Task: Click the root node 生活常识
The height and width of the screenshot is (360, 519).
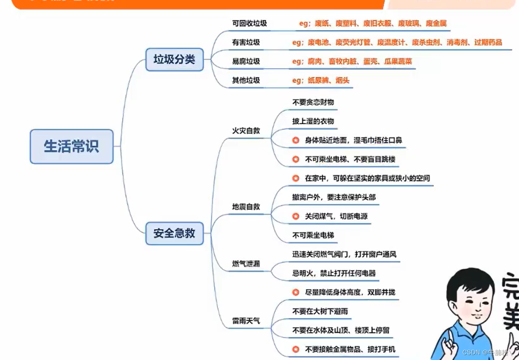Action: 72,147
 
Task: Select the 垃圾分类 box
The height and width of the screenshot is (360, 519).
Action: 174,59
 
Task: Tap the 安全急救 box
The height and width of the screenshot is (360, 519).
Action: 174,233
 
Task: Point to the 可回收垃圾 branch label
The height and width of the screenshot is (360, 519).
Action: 249,23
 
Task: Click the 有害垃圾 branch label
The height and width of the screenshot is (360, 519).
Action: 246,42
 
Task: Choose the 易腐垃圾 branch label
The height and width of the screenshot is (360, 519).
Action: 246,61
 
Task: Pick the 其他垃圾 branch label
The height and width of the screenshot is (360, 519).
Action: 246,80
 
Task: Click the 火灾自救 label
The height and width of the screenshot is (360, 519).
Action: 246,131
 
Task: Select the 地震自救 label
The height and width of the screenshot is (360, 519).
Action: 246,207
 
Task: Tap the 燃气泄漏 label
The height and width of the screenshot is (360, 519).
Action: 246,264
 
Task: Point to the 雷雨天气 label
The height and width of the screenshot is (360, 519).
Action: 246,321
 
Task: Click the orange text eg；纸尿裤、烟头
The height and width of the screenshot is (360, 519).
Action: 321,80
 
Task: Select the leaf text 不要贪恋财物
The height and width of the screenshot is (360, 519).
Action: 313,102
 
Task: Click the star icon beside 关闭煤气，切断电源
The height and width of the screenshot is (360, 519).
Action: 296,216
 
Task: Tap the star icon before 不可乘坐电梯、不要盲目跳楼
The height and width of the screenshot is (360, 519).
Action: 296,159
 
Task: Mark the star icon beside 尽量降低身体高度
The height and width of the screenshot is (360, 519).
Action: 296,292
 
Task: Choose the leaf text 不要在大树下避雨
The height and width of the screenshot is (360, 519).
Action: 320,312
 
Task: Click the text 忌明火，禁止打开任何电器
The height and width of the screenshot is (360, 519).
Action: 334,273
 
